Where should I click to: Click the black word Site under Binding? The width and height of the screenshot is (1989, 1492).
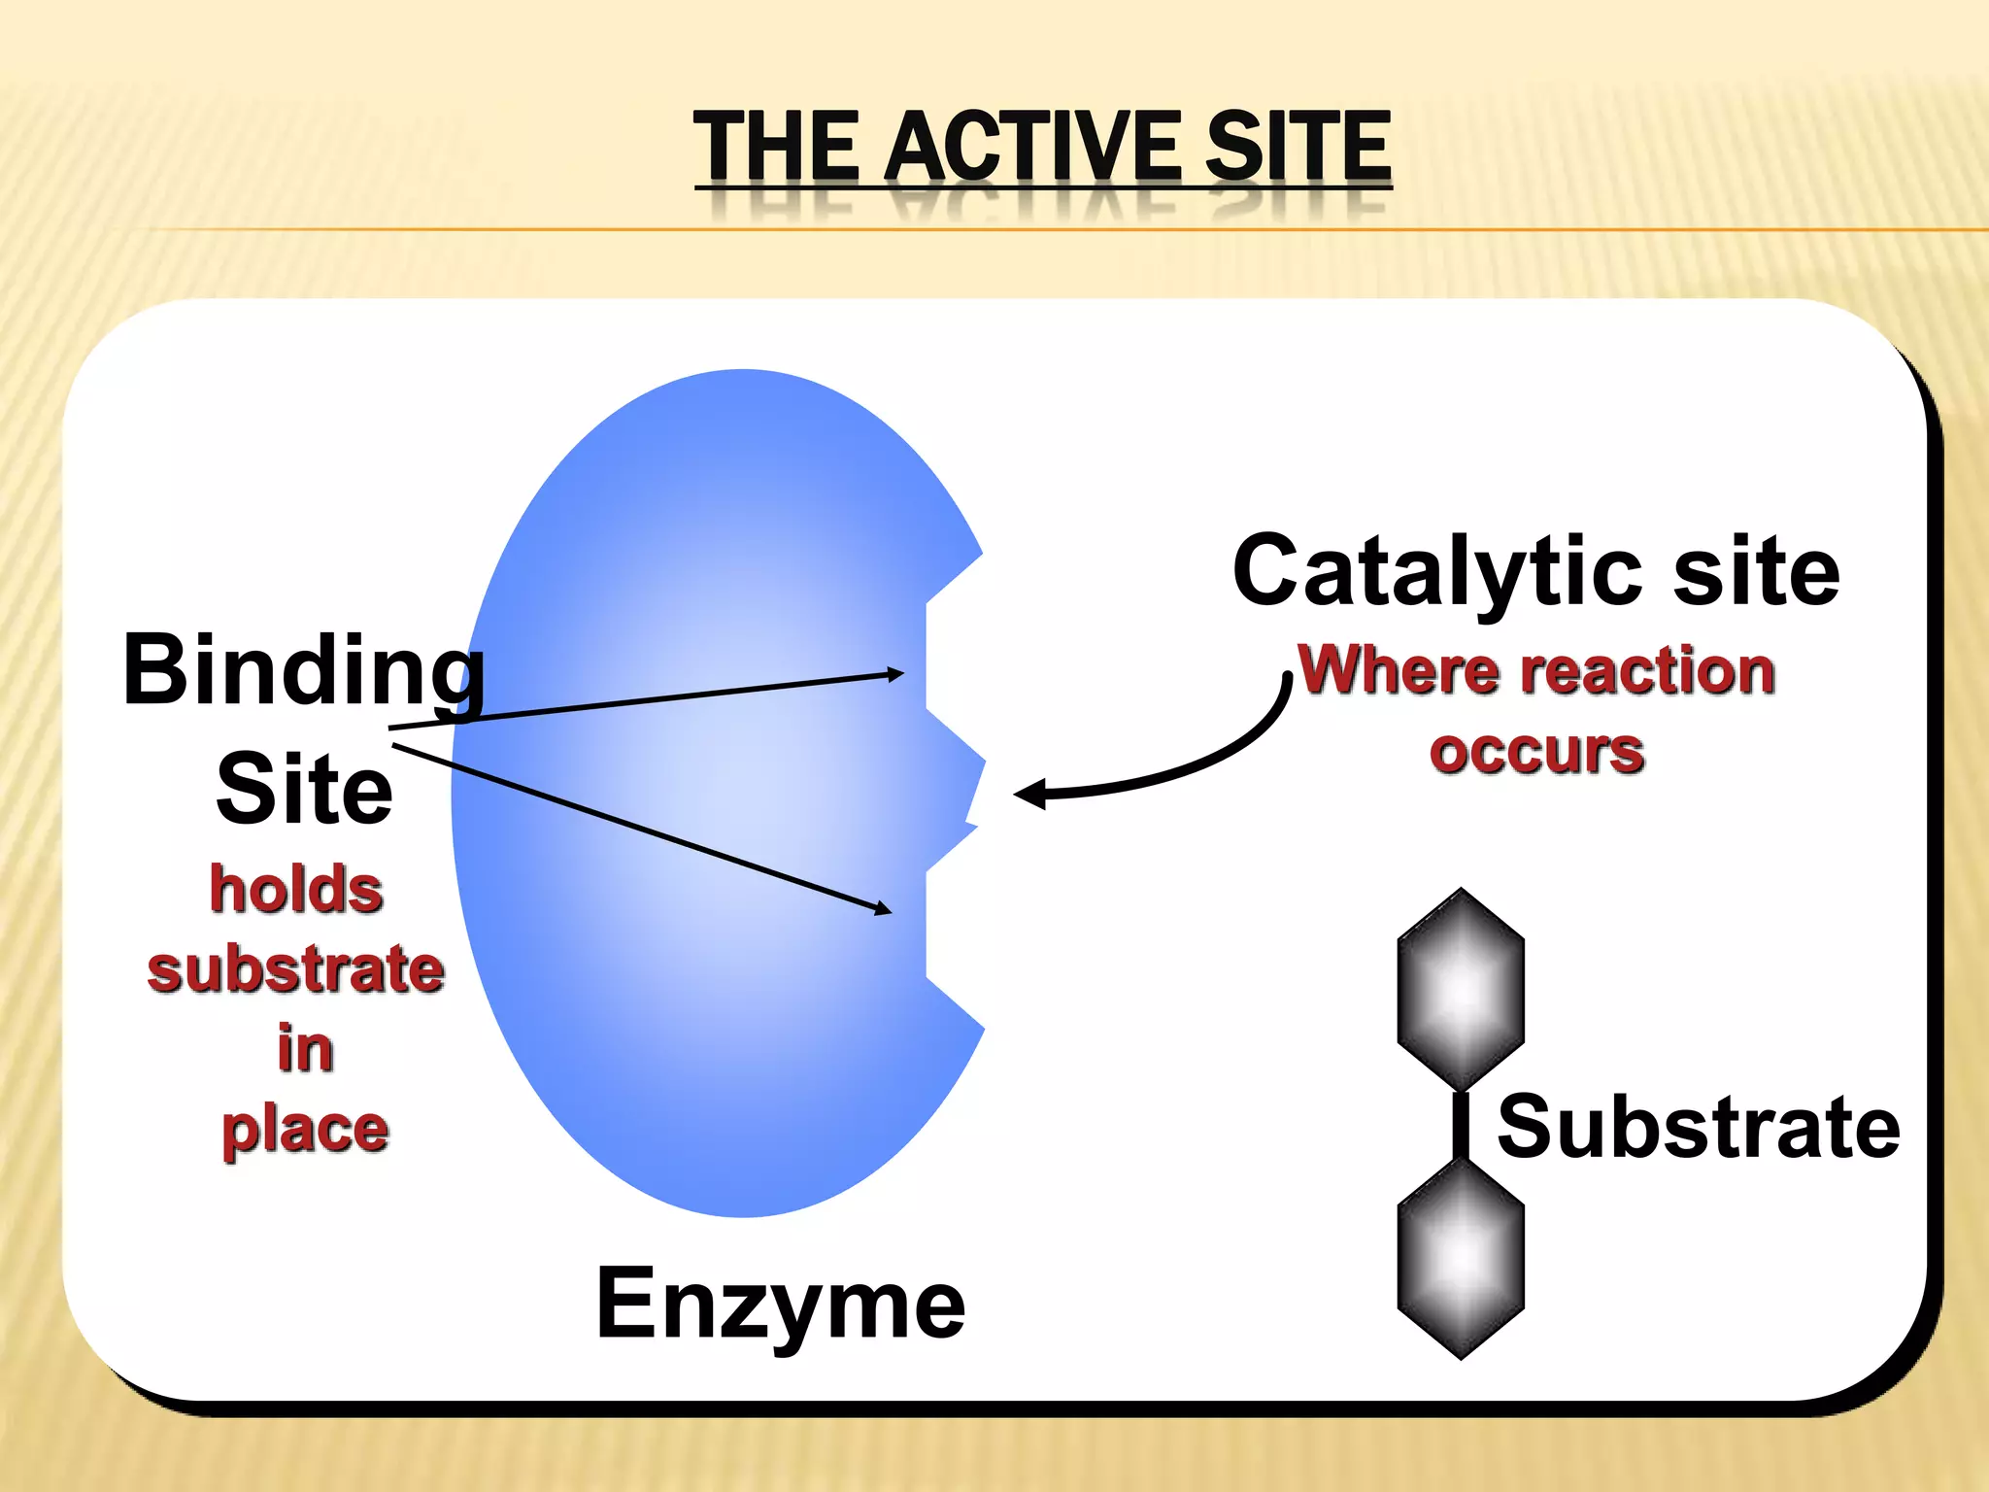(x=304, y=789)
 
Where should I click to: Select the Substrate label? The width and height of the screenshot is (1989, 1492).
(x=1698, y=1127)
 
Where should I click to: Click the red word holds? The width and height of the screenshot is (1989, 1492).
(x=296, y=890)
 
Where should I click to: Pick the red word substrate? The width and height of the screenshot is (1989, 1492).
(x=296, y=969)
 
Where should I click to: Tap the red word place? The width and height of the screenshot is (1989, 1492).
(x=305, y=1131)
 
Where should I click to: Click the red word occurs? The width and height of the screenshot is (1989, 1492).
(x=1536, y=752)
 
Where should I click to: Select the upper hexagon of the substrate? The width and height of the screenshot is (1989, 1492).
(x=1460, y=989)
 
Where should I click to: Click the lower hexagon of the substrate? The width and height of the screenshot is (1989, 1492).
(x=1460, y=1259)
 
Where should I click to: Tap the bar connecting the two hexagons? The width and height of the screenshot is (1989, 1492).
(x=1460, y=1125)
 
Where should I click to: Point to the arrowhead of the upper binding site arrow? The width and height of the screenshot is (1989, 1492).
(x=895, y=673)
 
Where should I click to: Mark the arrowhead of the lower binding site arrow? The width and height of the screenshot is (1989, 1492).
(x=883, y=909)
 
